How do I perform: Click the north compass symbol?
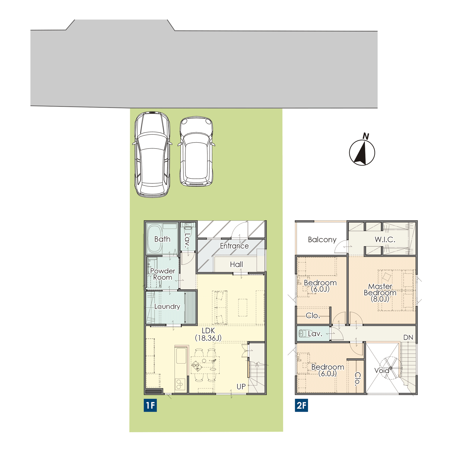tap(362, 151)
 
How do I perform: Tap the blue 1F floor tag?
tap(150, 405)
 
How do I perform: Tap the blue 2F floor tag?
tap(301, 405)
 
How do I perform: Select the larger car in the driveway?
tap(152, 154)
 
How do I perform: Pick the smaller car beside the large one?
tap(196, 152)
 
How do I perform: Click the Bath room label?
tap(162, 239)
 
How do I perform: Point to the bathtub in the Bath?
tap(155, 239)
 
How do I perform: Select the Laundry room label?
tap(167, 307)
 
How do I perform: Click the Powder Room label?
tap(163, 274)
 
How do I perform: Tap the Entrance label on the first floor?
tap(234, 246)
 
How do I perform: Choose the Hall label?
tap(236, 265)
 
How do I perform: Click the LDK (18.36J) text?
tap(208, 334)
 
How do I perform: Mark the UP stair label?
tap(241, 387)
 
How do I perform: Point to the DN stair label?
tap(408, 337)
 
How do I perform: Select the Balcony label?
tap(322, 240)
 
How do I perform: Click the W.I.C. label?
tap(385, 240)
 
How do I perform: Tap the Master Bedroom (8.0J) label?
tap(380, 293)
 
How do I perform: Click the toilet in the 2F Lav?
tap(302, 334)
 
